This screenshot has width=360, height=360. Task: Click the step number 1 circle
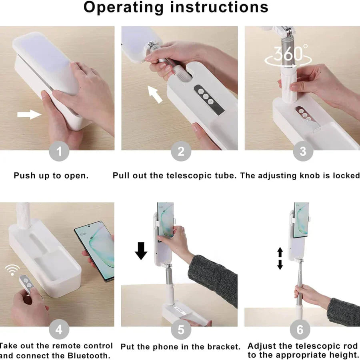[59, 152]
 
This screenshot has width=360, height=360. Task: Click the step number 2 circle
[181, 152]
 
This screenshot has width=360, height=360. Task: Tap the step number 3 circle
[302, 152]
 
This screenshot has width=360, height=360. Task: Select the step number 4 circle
[59, 330]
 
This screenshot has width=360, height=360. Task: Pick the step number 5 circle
[181, 330]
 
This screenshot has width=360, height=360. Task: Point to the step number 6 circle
[300, 330]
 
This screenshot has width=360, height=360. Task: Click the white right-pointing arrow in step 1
[29, 115]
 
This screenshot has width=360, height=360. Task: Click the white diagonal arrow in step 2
[156, 94]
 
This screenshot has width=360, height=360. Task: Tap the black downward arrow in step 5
[141, 250]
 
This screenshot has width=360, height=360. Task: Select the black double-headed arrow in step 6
[280, 258]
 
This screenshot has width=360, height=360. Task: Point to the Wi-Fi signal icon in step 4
[13, 270]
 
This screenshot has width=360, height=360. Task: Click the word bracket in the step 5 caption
[222, 347]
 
